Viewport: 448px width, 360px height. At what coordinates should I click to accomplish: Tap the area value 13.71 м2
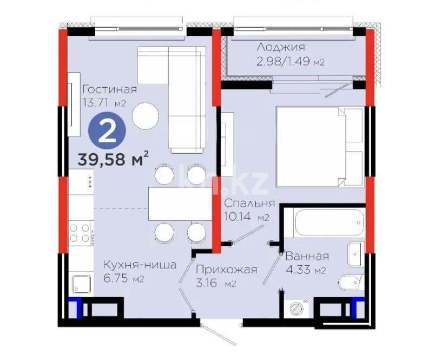tap(104, 102)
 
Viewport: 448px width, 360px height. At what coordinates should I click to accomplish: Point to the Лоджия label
tap(281, 48)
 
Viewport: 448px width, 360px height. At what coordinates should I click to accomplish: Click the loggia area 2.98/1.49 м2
tap(290, 61)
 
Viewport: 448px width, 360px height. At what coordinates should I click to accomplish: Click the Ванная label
tap(307, 257)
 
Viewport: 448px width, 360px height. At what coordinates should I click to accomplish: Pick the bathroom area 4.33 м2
tap(305, 270)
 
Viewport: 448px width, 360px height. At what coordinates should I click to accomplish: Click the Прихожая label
tap(226, 269)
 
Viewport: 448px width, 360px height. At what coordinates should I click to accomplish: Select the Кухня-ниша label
tap(140, 265)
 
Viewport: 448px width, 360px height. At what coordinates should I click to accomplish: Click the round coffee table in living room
tap(146, 116)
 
